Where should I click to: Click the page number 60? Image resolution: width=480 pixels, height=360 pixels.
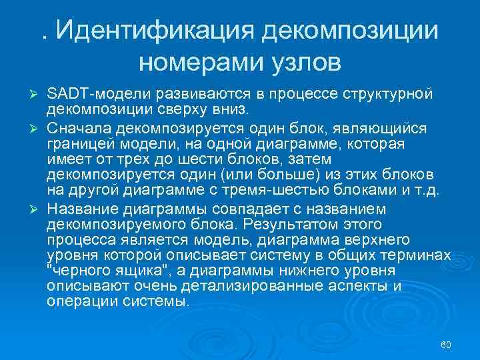446,345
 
